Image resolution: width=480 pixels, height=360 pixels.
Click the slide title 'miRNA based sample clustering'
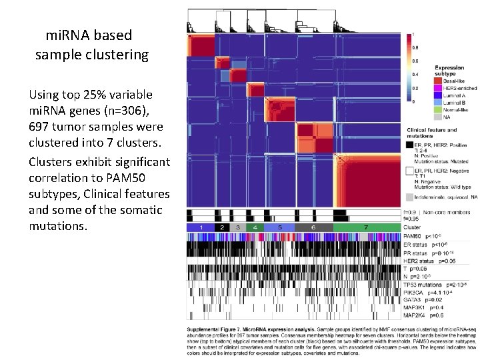[x=91, y=44]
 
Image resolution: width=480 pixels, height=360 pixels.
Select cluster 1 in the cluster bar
[x=200, y=227]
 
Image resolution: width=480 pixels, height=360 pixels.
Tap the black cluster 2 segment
[x=221, y=227]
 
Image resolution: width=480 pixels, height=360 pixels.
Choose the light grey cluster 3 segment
[x=237, y=227]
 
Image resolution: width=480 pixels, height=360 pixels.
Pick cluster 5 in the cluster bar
[x=280, y=227]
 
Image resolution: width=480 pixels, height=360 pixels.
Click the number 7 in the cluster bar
[x=366, y=227]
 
